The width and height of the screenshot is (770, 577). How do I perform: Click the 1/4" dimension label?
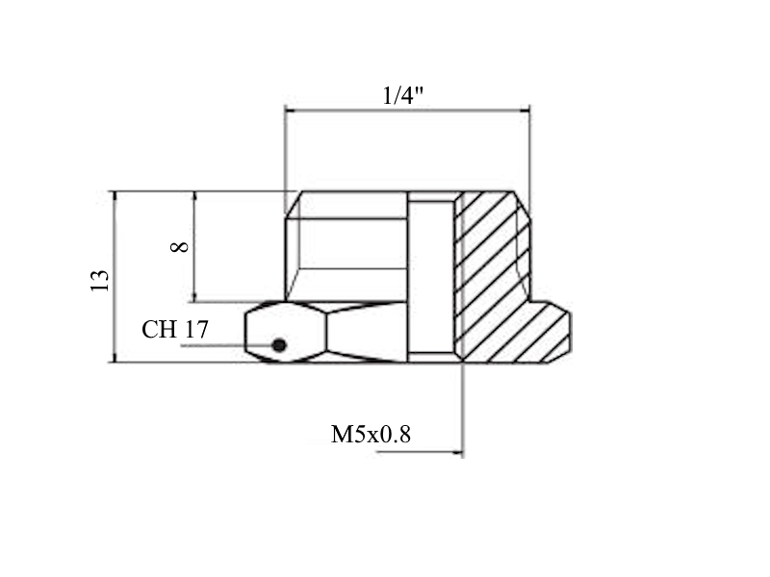[x=402, y=95]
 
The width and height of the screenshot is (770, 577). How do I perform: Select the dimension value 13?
[x=100, y=280]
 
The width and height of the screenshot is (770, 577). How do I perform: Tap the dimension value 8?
[x=180, y=247]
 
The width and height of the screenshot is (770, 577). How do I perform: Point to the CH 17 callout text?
[x=175, y=329]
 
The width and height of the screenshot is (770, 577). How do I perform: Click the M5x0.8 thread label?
[x=371, y=435]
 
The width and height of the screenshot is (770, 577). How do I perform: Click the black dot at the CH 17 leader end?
[x=279, y=345]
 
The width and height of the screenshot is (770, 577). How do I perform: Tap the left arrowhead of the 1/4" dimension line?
[x=291, y=111]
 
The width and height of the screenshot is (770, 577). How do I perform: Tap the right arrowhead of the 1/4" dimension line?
[x=524, y=111]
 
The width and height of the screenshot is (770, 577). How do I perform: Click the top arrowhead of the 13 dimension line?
[x=115, y=197]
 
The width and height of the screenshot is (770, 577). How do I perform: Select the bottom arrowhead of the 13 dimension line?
[x=115, y=357]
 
